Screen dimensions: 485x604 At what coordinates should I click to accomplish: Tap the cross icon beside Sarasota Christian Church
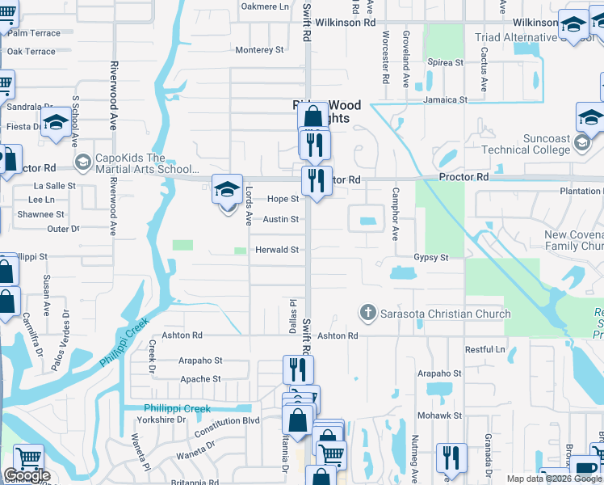367,313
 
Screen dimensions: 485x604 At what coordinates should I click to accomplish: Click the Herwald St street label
278,251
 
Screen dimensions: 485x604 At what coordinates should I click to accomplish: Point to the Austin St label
281,219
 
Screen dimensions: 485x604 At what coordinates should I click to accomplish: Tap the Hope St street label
283,199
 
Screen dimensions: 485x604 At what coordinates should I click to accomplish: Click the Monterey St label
259,50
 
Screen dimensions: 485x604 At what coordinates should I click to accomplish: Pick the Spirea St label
446,62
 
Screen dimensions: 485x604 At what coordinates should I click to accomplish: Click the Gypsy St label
431,257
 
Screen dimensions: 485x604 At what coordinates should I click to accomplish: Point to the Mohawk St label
439,415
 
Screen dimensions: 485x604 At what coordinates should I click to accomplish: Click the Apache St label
199,379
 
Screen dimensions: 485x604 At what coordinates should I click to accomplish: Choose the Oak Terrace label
31,52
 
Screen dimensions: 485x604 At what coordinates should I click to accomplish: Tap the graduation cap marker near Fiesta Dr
56,124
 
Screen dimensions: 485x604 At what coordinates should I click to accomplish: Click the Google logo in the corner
27,475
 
